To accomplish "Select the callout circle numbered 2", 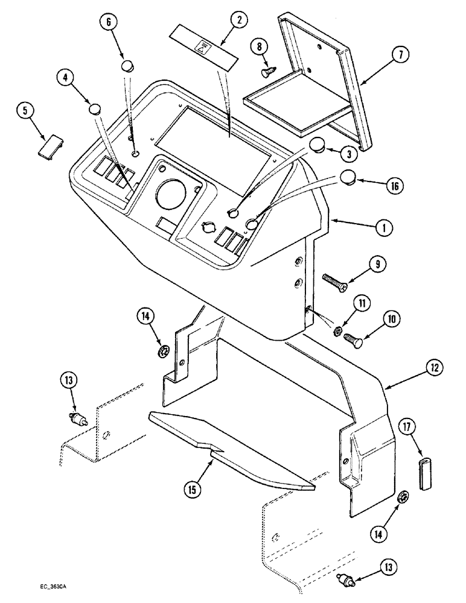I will pos(238,20).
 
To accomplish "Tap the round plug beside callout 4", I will pos(94,110).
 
